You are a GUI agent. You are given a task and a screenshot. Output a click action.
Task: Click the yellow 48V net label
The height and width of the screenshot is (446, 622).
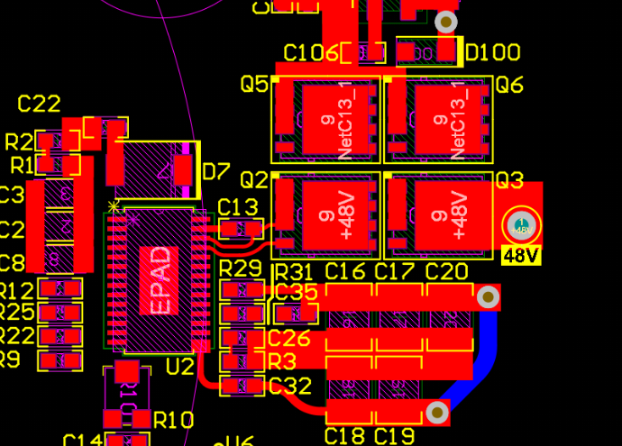(x=521, y=256)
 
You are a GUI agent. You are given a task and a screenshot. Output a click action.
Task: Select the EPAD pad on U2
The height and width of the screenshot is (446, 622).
(x=159, y=280)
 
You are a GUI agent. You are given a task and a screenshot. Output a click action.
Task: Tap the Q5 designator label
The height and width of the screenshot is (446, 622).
(x=254, y=85)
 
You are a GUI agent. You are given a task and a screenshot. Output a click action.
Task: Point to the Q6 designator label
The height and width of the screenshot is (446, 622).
(x=509, y=85)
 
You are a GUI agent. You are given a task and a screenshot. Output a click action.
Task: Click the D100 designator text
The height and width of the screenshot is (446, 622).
(x=491, y=52)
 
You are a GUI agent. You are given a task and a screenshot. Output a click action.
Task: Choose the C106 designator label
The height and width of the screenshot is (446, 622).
(x=312, y=53)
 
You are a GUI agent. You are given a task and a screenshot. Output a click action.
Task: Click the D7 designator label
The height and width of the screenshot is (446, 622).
(x=216, y=170)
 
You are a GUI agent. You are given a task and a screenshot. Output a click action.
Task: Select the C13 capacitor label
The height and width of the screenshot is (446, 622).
(x=238, y=206)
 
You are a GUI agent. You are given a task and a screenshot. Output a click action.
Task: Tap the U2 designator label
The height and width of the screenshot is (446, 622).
(x=180, y=366)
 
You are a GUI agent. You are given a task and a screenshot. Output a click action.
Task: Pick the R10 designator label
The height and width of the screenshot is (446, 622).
(x=173, y=420)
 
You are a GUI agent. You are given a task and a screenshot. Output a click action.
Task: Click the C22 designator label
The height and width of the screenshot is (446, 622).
(x=39, y=105)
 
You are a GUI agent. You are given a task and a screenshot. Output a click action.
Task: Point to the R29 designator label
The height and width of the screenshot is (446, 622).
(x=241, y=269)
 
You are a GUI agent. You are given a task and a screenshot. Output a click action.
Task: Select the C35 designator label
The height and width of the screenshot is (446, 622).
(x=296, y=292)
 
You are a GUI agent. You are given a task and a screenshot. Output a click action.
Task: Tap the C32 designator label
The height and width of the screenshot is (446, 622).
(x=289, y=387)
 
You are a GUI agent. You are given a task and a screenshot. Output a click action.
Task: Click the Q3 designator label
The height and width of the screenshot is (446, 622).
(x=509, y=181)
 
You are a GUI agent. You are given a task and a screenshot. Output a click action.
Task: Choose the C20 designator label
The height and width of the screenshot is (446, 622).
(x=446, y=271)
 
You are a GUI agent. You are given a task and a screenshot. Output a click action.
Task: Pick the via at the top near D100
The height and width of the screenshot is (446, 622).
(x=445, y=22)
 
